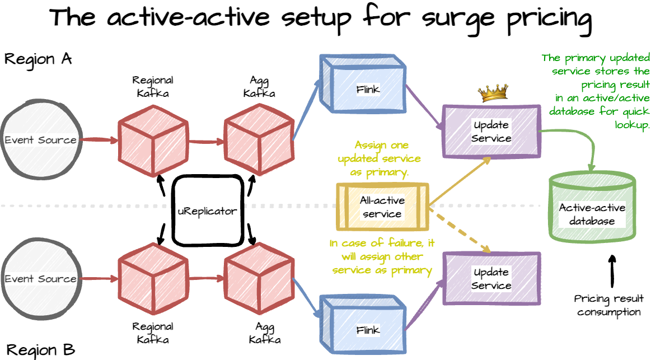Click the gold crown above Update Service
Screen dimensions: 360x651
[493, 93]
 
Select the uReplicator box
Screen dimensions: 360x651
[207, 211]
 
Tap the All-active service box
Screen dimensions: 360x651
[382, 207]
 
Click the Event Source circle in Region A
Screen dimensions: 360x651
[40, 139]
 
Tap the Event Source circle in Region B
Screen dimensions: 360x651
[40, 278]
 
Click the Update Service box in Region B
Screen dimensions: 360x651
[491, 278]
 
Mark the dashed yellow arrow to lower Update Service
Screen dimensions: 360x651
[461, 232]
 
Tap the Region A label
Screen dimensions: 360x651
[38, 59]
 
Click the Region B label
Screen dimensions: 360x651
[40, 350]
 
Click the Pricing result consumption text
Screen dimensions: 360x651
[609, 305]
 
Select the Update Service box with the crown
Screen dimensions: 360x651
[491, 130]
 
